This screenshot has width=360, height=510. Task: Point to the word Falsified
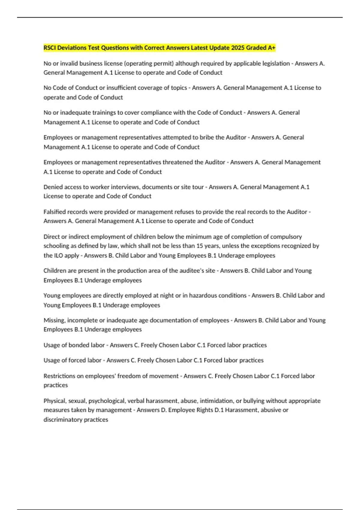[55, 212]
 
